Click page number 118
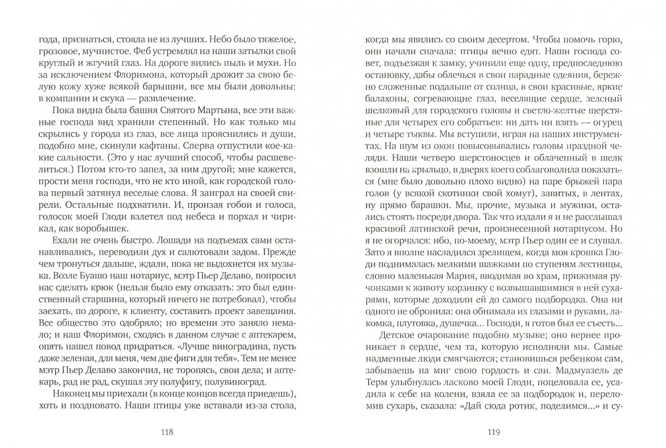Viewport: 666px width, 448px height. point(166,432)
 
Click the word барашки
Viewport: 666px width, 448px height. point(430,205)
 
